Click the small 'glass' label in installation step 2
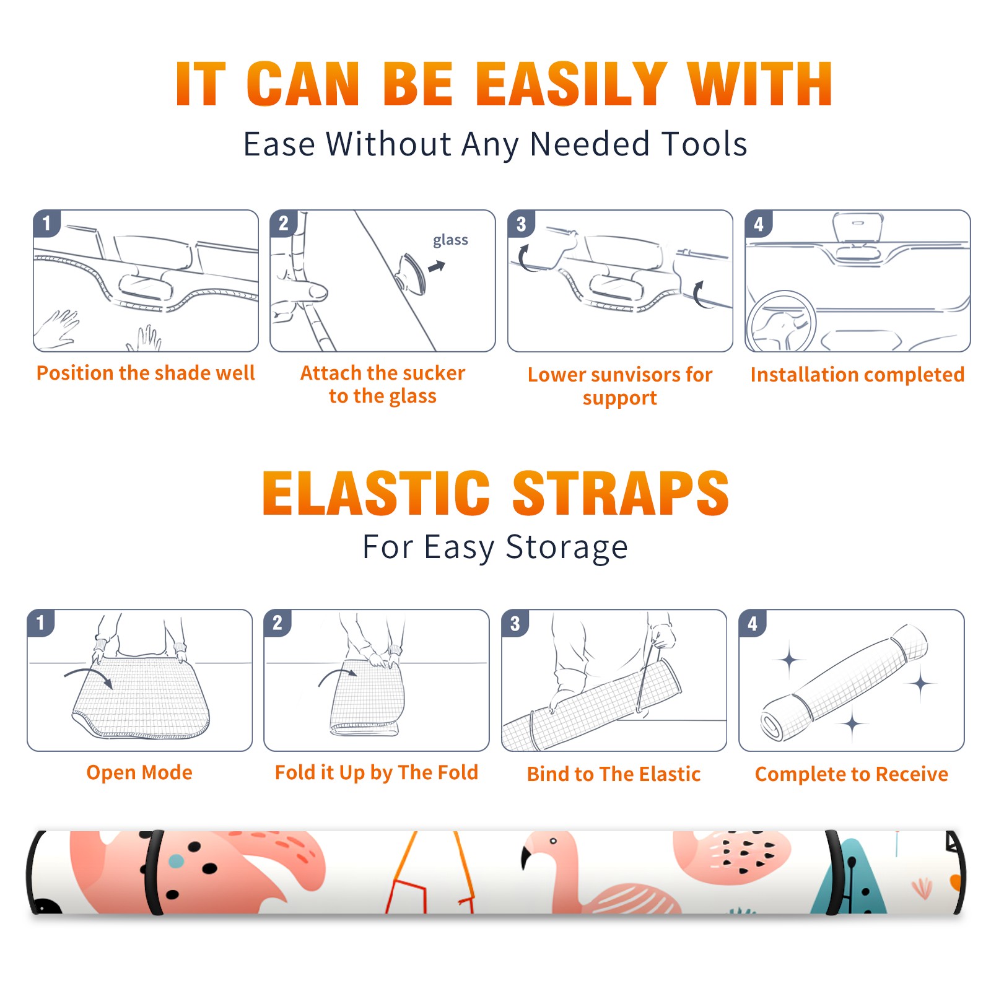[x=450, y=240]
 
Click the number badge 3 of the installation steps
[x=521, y=224]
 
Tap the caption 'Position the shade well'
[x=146, y=373]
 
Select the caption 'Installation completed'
[x=857, y=375]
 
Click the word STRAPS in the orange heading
[x=621, y=493]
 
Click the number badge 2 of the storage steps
[x=277, y=623]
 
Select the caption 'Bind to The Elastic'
[x=614, y=774]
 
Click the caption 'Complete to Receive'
[x=852, y=774]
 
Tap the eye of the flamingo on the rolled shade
[x=553, y=841]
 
